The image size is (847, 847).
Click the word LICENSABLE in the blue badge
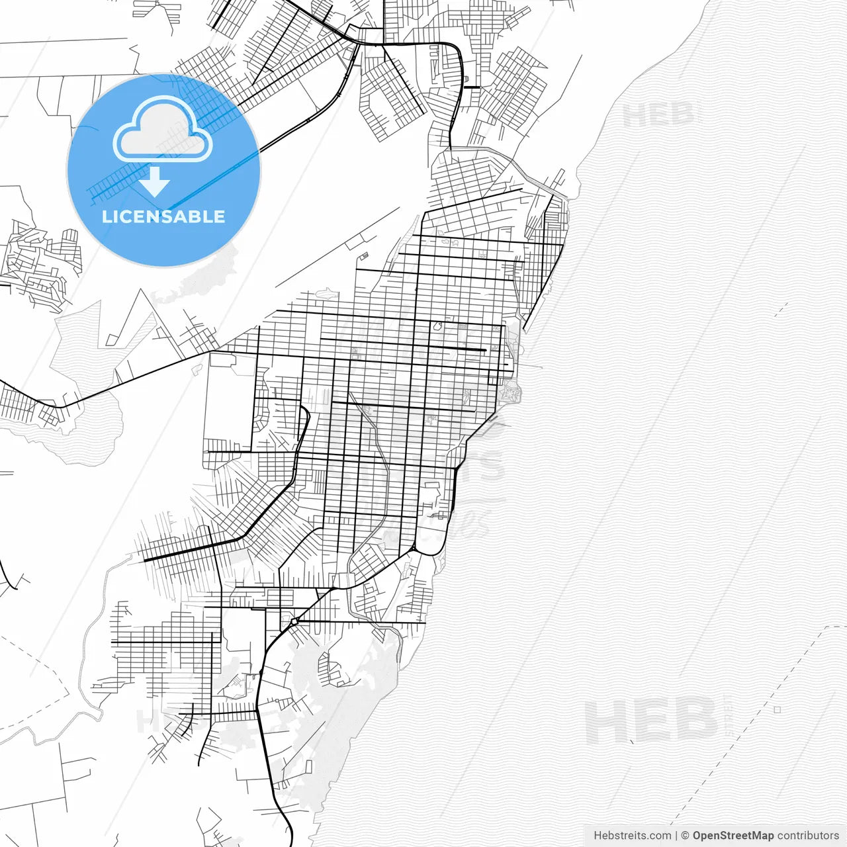(x=163, y=216)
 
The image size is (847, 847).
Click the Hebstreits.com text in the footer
(x=632, y=836)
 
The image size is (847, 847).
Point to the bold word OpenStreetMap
(x=733, y=836)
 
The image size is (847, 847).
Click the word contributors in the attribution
(x=807, y=836)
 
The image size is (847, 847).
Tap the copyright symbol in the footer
(x=686, y=836)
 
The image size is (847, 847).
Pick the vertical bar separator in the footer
(x=676, y=836)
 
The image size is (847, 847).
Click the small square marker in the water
(x=777, y=709)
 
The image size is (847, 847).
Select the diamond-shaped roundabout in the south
(x=293, y=622)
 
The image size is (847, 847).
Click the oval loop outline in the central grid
(x=437, y=326)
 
